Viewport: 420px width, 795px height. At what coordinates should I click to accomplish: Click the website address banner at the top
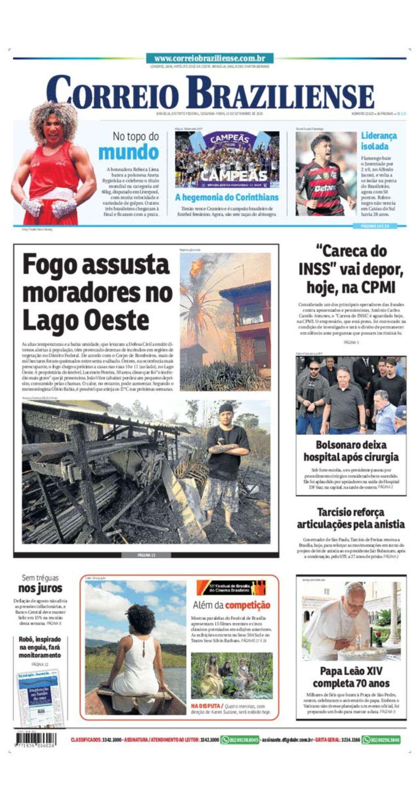pos(210,58)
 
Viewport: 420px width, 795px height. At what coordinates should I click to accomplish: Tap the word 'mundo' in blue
pos(129,153)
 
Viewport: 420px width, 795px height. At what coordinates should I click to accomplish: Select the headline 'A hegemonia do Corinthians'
pos(227,197)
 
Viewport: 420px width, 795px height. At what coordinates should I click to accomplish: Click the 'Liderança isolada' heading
pos(379,141)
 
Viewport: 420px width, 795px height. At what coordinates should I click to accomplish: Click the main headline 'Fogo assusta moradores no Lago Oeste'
pos(97,292)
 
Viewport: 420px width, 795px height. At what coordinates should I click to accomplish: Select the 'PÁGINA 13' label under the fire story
pos(146,555)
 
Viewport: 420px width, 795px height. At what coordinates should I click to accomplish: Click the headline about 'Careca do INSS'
pos(351,269)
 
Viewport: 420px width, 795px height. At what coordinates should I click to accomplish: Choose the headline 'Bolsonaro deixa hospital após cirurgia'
pos(351,450)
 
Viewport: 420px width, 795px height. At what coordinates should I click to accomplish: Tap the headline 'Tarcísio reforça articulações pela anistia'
pos(351,518)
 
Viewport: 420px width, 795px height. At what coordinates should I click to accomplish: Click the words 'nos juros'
pos(40,588)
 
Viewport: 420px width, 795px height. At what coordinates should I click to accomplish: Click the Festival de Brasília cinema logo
pos(231,588)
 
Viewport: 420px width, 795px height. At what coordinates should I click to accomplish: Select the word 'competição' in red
pos(248,605)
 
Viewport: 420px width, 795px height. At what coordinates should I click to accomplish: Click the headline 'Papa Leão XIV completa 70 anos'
pos(351,677)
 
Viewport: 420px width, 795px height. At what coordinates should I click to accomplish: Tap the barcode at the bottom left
pos(36,740)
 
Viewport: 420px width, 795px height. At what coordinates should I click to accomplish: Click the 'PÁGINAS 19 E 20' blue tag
pos(374,226)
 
